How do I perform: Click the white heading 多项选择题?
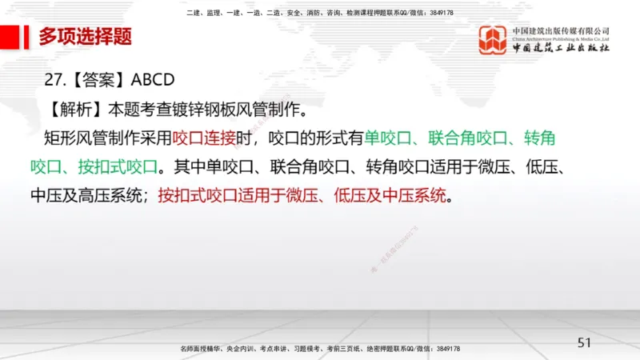coord(85,36)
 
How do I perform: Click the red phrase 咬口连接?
coord(202,138)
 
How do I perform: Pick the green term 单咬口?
coord(387,138)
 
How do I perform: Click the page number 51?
coord(584,342)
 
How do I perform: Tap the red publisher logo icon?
coord(493,41)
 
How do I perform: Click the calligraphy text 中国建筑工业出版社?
coord(561,48)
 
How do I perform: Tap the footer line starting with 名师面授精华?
coord(320,350)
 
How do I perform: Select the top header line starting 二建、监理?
coord(320,14)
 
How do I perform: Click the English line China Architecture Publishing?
coord(561,38)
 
